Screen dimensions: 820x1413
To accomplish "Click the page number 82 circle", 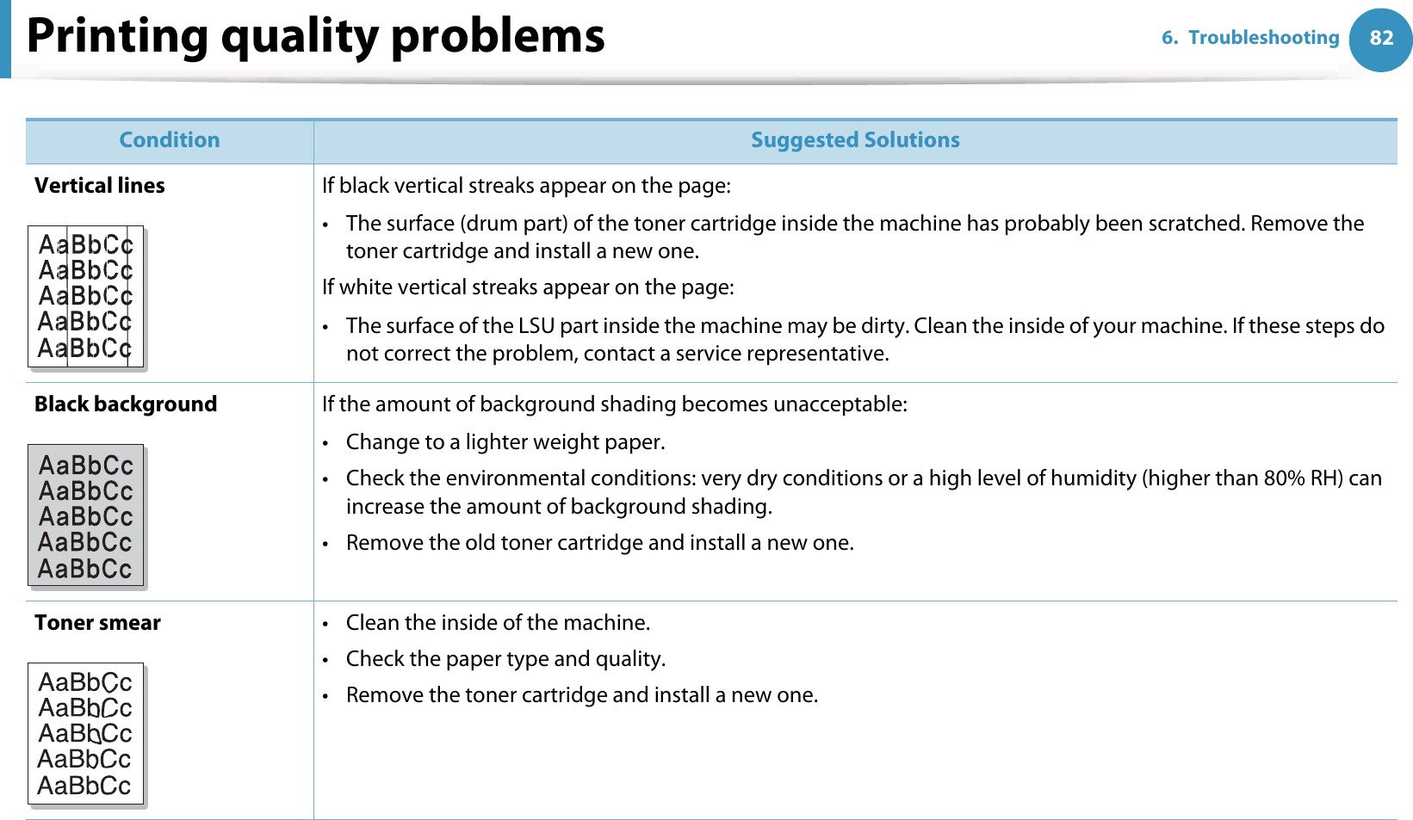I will [x=1380, y=39].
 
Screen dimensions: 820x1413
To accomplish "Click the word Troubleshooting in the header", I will [x=1263, y=38].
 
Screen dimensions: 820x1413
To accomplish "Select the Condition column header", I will [x=170, y=140].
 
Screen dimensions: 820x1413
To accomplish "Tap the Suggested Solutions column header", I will [x=854, y=140].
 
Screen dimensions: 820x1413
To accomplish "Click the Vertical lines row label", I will [x=100, y=186].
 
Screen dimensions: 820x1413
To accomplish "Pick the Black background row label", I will [x=126, y=404].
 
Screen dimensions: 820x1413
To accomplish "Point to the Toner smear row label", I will [x=97, y=623].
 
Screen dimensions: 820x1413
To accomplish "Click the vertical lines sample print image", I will [x=86, y=297].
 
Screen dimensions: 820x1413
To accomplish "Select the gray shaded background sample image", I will [x=86, y=515].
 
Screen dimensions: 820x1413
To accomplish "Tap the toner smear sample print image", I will [x=86, y=734].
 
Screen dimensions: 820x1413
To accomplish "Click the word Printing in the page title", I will [x=117, y=36].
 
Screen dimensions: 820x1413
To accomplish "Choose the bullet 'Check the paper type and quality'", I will [x=505, y=659].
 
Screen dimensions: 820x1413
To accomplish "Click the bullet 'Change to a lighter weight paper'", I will [x=505, y=442].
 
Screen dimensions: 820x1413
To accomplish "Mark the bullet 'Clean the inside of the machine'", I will [x=498, y=623].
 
